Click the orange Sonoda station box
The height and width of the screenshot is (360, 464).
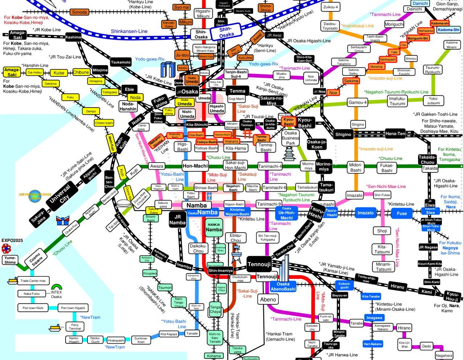(79, 12)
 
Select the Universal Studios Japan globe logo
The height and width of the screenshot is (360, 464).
(35, 196)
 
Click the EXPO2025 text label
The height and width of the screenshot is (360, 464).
(12, 240)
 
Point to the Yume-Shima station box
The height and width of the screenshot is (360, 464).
(10, 260)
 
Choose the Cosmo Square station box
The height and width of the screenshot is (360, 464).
(36, 259)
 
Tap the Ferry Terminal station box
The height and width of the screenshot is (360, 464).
(75, 327)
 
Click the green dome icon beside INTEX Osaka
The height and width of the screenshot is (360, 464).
(57, 287)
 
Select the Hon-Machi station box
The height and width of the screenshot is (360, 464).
(195, 166)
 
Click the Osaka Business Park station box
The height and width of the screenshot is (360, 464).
(290, 138)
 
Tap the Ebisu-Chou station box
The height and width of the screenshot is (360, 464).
(236, 238)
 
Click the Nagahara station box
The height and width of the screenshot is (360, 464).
(444, 355)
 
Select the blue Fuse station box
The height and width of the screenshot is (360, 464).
(402, 213)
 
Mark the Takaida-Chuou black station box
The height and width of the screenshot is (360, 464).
(427, 160)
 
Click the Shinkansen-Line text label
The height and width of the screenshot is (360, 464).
(129, 31)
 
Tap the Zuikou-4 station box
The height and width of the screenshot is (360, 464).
(330, 7)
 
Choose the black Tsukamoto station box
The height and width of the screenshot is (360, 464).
(121, 62)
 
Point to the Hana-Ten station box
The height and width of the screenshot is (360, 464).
(395, 134)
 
